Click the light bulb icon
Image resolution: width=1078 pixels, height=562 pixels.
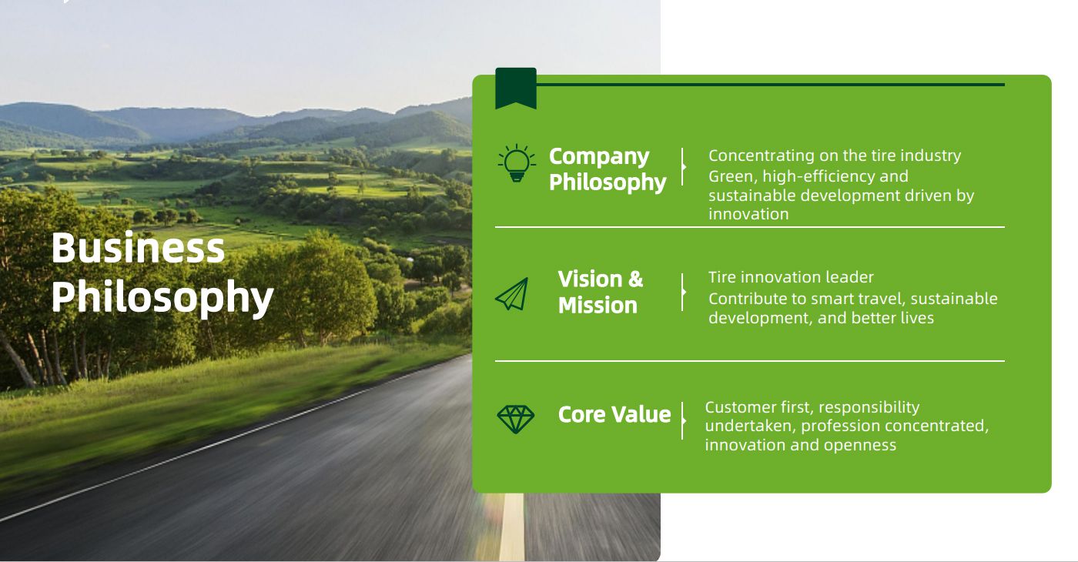pyautogui.click(x=517, y=163)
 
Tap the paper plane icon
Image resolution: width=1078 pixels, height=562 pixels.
pyautogui.click(x=511, y=294)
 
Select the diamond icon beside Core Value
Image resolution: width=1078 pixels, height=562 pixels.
pyautogui.click(x=515, y=419)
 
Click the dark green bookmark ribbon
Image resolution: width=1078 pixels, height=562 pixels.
pyautogui.click(x=516, y=89)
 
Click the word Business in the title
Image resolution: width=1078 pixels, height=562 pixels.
pyautogui.click(x=138, y=248)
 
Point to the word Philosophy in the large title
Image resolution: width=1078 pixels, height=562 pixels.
pyautogui.click(x=162, y=298)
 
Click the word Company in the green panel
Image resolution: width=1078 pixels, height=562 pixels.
pyautogui.click(x=599, y=157)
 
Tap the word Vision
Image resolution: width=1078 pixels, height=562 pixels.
pyautogui.click(x=590, y=279)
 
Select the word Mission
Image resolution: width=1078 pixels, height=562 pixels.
pyautogui.click(x=598, y=306)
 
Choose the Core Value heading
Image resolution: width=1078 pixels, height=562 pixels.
pyautogui.click(x=614, y=414)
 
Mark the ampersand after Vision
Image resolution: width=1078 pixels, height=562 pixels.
pyautogui.click(x=636, y=279)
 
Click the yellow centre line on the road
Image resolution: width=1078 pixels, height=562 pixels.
pyautogui.click(x=512, y=527)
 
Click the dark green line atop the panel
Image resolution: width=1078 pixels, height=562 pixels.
pyautogui.click(x=771, y=85)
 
